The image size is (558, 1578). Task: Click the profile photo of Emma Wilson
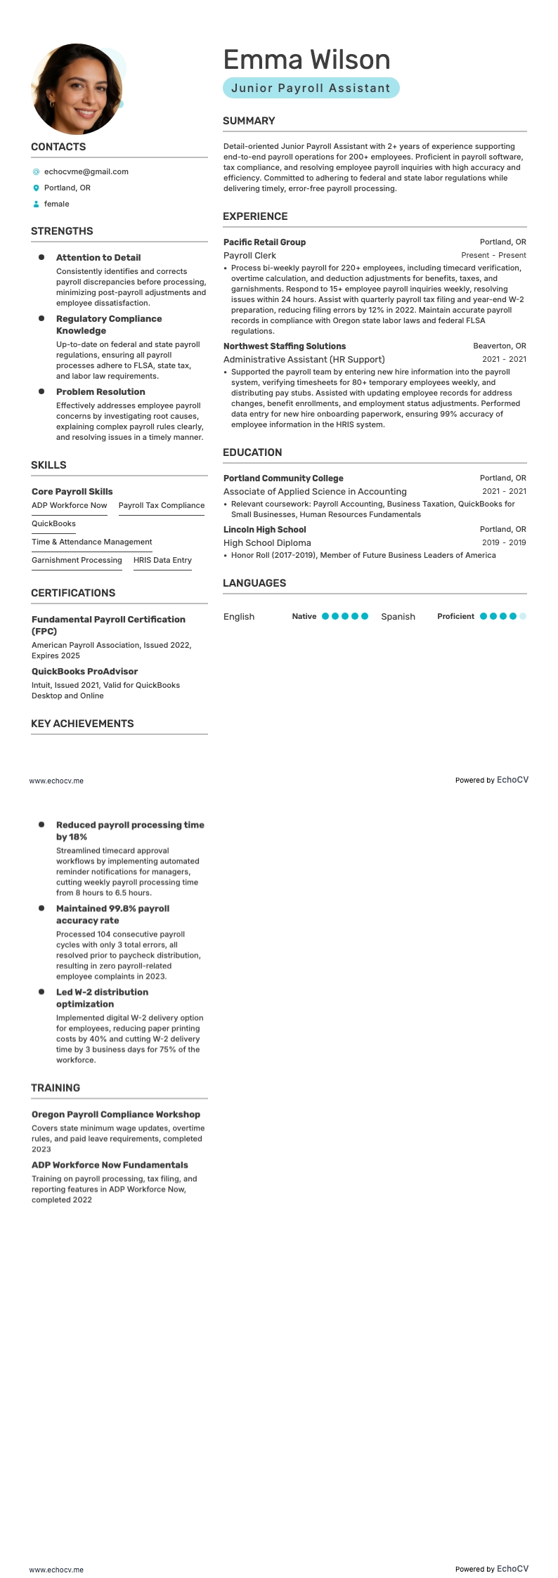click(77, 89)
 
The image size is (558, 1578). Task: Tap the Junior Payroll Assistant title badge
click(311, 88)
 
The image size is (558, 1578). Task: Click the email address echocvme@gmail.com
click(86, 171)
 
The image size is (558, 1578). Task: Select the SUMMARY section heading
click(249, 121)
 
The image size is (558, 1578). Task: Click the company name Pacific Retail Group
click(264, 242)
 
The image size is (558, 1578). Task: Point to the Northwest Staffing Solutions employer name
click(285, 346)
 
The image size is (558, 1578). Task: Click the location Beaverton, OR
click(499, 346)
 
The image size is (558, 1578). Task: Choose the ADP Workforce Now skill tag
click(70, 506)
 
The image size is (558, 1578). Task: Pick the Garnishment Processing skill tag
click(77, 561)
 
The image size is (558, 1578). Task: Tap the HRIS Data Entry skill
click(162, 561)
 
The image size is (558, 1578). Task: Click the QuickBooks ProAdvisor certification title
click(84, 672)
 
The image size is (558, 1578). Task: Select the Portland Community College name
click(283, 478)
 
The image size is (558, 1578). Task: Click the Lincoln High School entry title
click(264, 530)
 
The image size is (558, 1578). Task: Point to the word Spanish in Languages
click(398, 617)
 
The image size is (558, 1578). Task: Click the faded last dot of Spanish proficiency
click(522, 616)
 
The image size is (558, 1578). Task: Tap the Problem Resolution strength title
click(100, 392)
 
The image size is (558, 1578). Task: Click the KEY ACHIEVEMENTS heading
click(82, 724)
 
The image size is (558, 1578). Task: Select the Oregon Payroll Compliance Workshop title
click(116, 1114)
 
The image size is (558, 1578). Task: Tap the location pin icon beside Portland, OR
click(36, 188)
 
